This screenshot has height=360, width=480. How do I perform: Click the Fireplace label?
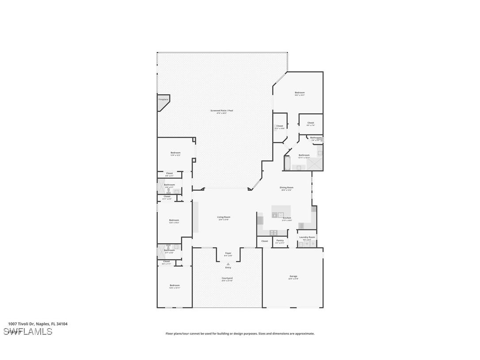point(163,100)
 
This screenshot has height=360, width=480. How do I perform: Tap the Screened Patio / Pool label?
point(221,111)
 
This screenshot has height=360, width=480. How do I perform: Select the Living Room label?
point(224,217)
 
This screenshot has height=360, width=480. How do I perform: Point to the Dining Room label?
point(286,188)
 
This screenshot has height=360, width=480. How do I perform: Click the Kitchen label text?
point(287,218)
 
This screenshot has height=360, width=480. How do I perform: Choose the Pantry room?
point(280,241)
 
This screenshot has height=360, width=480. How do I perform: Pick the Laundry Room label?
point(307,237)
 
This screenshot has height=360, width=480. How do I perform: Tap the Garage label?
point(293,276)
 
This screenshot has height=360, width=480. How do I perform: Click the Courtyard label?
point(227,278)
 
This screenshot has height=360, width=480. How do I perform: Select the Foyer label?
point(228,253)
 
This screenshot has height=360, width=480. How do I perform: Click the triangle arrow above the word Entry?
point(228,264)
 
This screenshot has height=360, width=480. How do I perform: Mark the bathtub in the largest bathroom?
point(286,164)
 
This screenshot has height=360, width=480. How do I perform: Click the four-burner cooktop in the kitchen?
point(274,232)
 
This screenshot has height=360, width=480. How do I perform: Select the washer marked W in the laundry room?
point(301,244)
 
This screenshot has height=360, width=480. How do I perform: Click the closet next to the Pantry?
point(264,241)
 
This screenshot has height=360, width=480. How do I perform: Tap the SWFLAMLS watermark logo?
point(28,332)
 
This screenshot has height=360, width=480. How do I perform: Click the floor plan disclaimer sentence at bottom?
point(240,333)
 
